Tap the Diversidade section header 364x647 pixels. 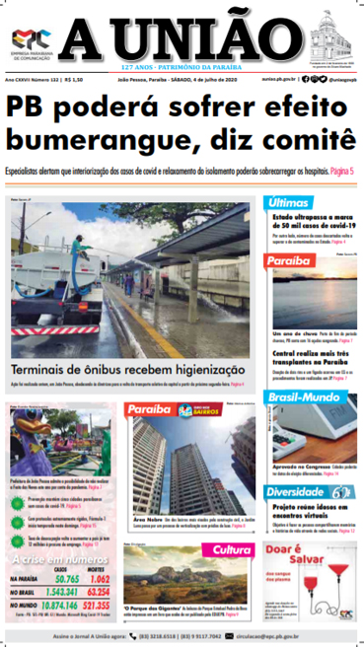300,490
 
